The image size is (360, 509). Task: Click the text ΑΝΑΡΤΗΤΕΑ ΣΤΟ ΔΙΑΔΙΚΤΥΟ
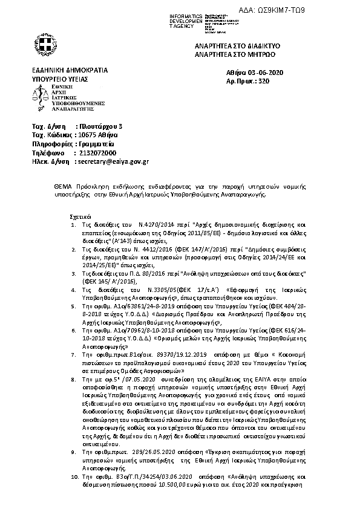(x=258, y=46)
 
